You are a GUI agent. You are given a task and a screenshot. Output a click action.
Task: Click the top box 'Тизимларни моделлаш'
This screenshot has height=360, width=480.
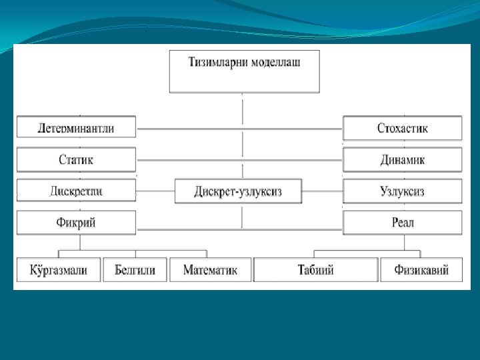click(244, 71)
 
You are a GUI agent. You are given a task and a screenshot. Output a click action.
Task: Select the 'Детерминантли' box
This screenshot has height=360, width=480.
click(76, 127)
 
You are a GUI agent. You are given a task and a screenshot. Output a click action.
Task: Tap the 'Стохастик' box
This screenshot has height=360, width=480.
click(402, 127)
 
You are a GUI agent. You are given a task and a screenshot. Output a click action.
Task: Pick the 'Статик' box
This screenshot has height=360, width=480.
click(76, 160)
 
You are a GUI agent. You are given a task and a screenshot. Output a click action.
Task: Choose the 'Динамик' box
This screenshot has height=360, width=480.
click(402, 160)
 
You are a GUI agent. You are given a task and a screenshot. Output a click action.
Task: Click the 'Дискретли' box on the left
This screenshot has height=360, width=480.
click(76, 191)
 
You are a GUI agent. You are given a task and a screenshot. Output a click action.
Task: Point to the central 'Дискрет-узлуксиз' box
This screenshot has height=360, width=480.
click(238, 191)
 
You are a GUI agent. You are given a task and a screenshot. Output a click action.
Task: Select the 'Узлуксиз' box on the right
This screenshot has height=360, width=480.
click(402, 191)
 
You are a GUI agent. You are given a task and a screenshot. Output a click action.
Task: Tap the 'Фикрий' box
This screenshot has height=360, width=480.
click(76, 223)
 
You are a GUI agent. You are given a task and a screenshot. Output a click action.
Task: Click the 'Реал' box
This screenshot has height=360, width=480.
click(402, 223)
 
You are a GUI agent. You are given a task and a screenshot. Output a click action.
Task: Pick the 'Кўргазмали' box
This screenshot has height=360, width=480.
click(58, 270)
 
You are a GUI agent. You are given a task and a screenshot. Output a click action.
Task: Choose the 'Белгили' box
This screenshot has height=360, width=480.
click(135, 270)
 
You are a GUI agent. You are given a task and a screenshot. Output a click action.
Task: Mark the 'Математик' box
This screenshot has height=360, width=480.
click(210, 270)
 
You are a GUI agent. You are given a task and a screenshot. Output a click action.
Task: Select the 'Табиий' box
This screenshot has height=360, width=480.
click(315, 270)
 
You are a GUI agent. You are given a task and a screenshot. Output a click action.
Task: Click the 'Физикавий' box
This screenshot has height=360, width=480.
click(421, 270)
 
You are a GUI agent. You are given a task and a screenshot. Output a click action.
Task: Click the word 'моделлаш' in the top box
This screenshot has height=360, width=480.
click(273, 63)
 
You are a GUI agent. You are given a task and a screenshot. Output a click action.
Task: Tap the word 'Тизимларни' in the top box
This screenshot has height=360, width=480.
click(216, 63)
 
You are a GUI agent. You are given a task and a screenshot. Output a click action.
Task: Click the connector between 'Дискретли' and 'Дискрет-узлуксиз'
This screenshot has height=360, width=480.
click(155, 191)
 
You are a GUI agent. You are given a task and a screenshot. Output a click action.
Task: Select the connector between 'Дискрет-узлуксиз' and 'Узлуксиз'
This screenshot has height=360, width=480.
click(321, 191)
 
